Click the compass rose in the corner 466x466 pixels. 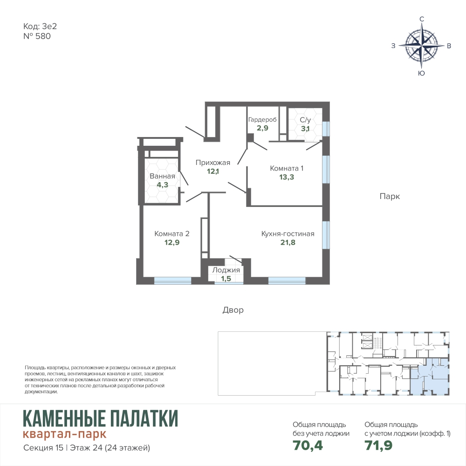(421, 46)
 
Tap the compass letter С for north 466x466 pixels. (421, 19)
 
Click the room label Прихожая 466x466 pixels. (213, 163)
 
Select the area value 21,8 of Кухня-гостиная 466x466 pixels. (288, 242)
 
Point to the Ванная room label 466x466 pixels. (162, 176)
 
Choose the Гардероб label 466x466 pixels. (262, 119)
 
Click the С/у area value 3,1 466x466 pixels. (305, 129)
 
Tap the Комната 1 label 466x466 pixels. (287, 168)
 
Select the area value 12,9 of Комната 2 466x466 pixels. (172, 242)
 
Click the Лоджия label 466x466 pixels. (226, 270)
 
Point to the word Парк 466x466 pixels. (390, 197)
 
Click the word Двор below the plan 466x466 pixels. (233, 310)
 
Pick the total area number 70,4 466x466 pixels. (308, 445)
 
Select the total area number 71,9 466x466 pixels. (378, 445)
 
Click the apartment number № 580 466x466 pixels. (37, 36)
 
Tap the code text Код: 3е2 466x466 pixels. (40, 27)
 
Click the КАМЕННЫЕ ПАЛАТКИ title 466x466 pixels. (101, 418)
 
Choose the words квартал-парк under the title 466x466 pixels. (64, 434)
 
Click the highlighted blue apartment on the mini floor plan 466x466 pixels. (430, 377)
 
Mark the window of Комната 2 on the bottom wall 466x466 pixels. (173, 281)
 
